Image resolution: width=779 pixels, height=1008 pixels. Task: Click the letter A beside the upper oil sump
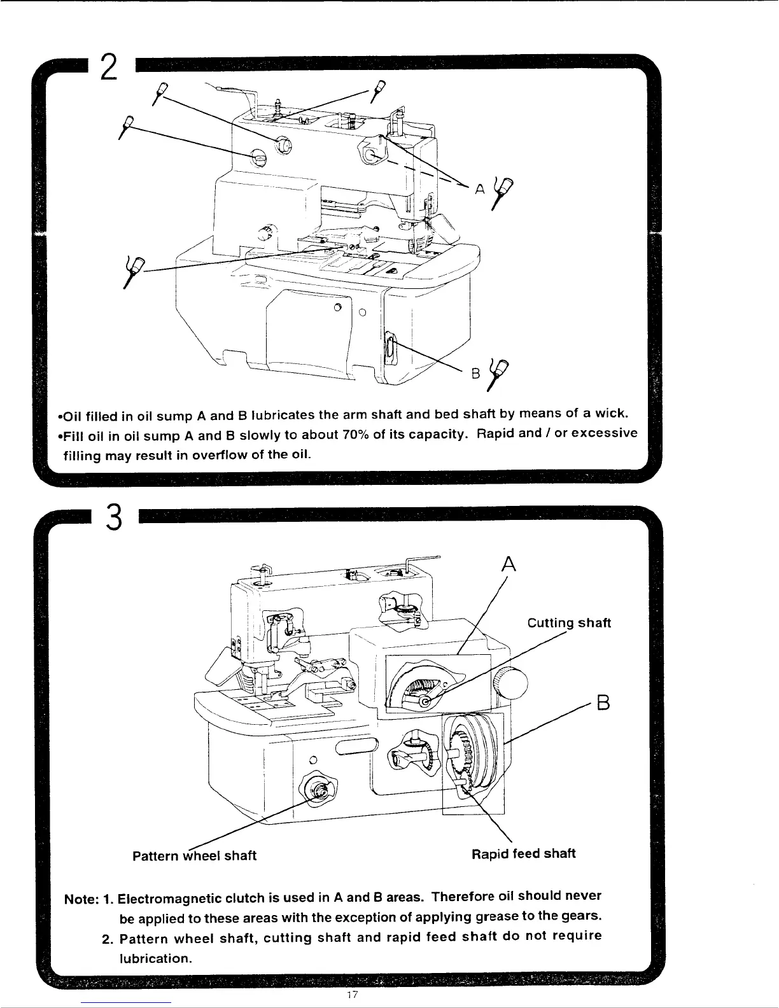(479, 188)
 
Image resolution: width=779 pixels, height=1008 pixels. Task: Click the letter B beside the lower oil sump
(475, 374)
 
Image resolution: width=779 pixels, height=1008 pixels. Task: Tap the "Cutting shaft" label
(570, 623)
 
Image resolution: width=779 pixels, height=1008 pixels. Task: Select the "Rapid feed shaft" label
(523, 854)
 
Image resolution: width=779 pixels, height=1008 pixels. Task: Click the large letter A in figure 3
(507, 564)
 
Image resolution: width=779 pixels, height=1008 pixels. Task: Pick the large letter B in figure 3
(603, 704)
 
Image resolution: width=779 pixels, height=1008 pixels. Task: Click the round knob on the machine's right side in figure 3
(513, 685)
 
